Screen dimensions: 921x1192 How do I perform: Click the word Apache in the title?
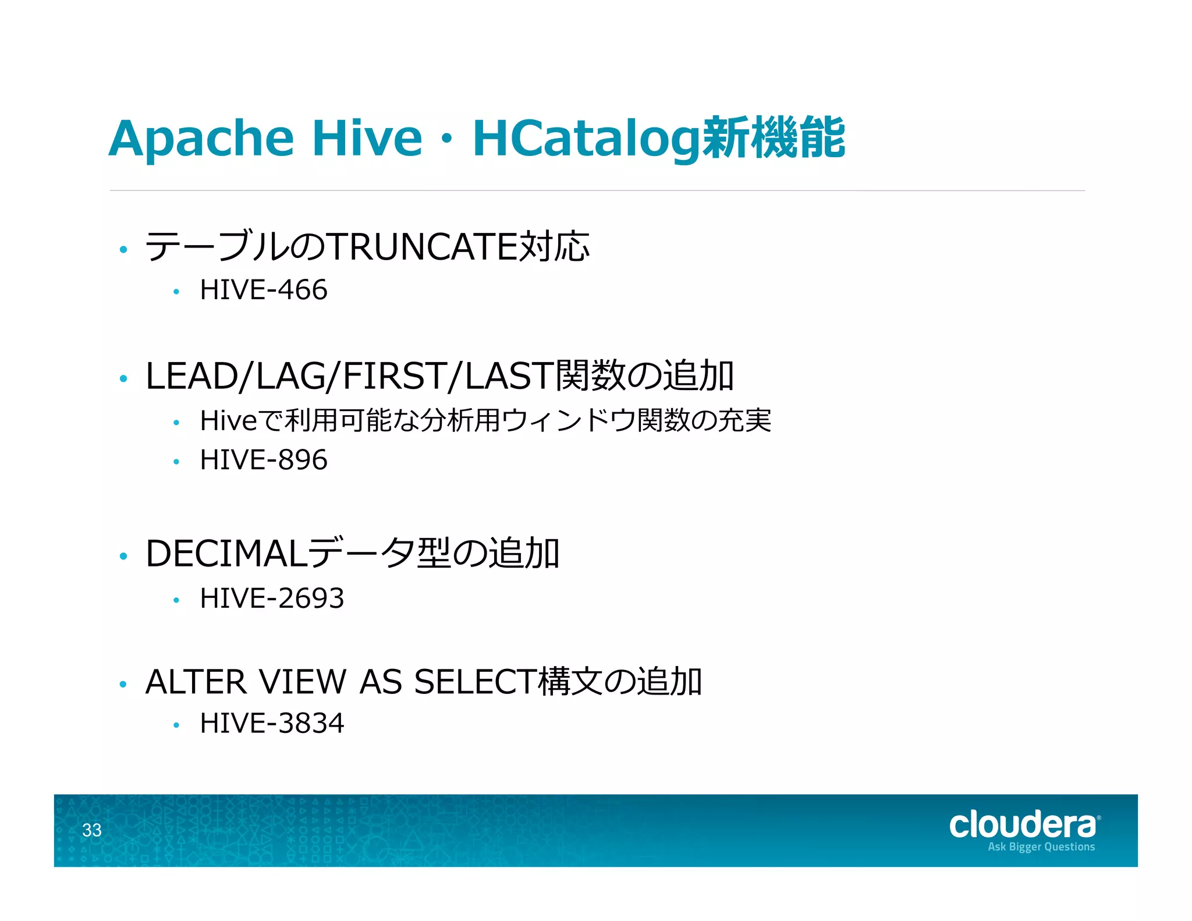(x=201, y=139)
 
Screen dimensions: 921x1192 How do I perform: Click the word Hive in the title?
(x=367, y=139)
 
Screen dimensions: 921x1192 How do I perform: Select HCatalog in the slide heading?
(x=587, y=139)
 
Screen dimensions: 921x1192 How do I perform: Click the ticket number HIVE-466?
(x=264, y=290)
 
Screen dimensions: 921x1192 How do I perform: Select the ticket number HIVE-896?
(x=264, y=460)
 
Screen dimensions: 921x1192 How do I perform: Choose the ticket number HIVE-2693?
(x=272, y=598)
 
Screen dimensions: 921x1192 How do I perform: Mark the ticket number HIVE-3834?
(x=272, y=724)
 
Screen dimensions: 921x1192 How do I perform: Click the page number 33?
(x=92, y=830)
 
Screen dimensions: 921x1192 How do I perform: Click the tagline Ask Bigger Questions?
(x=1041, y=847)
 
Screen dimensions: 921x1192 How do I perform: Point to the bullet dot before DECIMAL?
(x=123, y=557)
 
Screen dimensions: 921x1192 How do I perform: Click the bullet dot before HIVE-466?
(x=176, y=292)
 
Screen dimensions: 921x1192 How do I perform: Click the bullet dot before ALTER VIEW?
(x=123, y=685)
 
